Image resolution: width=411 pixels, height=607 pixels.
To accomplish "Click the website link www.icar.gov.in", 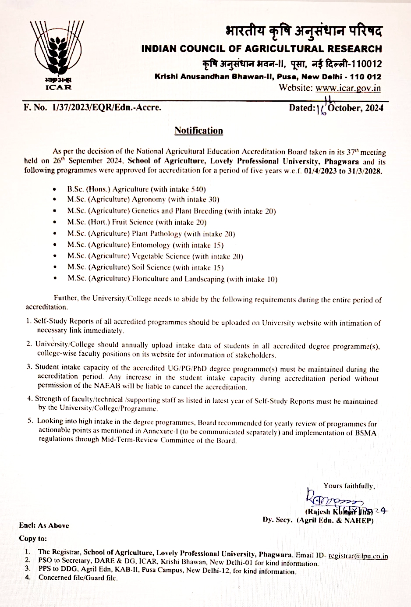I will [x=348, y=88].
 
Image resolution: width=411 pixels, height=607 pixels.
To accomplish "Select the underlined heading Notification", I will [x=198, y=131].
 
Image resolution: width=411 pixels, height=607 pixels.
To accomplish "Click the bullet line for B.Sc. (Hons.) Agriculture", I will [x=136, y=189].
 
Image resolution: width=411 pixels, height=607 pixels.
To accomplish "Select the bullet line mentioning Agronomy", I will [x=143, y=199].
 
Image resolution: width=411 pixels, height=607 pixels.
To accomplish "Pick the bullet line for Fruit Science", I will [x=137, y=222].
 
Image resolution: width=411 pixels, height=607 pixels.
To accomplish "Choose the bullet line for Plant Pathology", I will [x=151, y=234].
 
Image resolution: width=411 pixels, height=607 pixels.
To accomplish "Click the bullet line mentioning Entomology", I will [x=145, y=245].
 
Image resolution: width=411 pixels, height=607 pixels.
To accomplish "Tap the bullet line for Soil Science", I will [x=145, y=267].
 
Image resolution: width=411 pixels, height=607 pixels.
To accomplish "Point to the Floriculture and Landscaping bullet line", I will [x=172, y=279].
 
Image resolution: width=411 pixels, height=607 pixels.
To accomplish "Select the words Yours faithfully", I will [x=349, y=486].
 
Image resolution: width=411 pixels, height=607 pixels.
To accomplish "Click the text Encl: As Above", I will [x=44, y=525].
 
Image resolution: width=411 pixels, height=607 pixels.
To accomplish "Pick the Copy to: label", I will [x=33, y=538].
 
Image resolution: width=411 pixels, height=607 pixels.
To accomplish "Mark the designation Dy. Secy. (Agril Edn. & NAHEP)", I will [x=318, y=520].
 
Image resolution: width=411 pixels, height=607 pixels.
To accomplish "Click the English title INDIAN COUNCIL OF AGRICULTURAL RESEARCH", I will [x=262, y=49].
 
